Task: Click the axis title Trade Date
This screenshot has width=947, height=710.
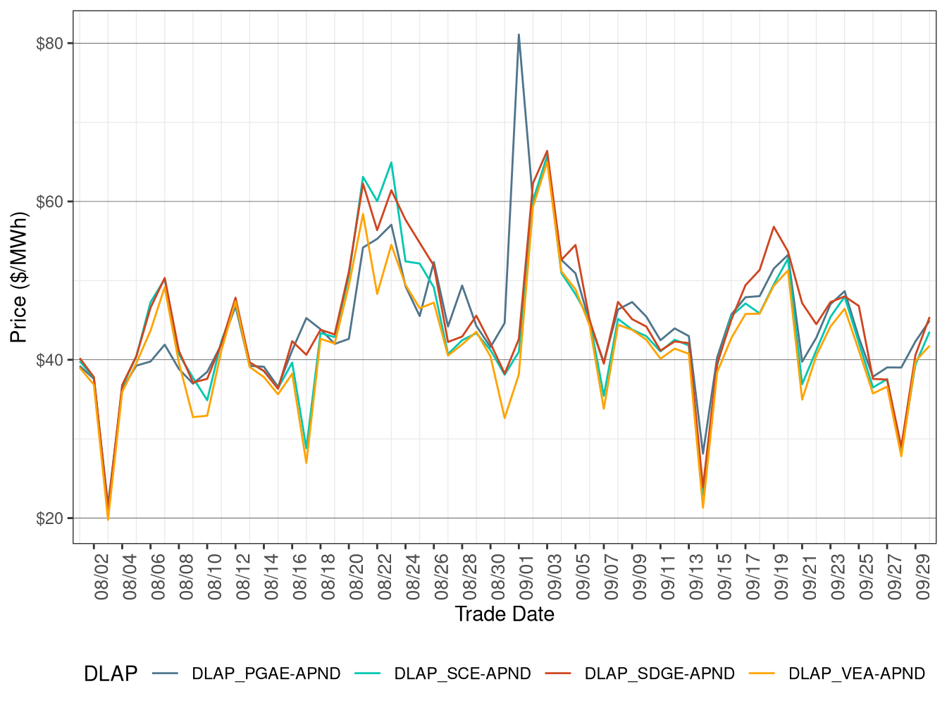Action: coord(505,614)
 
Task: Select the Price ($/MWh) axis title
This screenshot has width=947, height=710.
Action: coord(18,278)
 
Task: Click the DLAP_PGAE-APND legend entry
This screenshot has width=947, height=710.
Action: coord(266,674)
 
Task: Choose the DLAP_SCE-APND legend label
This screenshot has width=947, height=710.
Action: coord(462,674)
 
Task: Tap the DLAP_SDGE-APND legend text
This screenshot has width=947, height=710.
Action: coord(659,674)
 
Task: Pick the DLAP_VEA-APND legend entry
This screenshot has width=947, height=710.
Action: coord(856,674)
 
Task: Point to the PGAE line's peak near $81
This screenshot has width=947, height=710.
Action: coord(519,35)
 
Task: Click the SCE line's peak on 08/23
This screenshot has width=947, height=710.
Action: coord(391,163)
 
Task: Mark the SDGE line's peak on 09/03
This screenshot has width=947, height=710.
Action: coord(547,151)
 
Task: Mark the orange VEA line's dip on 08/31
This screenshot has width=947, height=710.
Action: coord(505,418)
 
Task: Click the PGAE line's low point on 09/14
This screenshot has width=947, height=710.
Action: coord(702,454)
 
